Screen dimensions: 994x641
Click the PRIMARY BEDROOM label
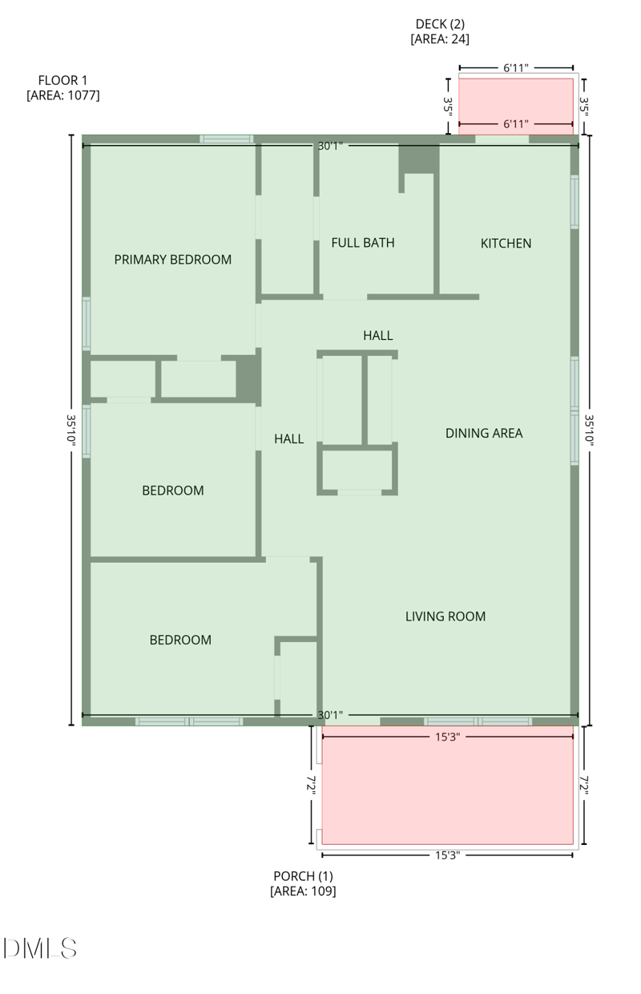[172, 260]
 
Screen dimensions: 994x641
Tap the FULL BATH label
[363, 243]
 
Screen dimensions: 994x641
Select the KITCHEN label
[506, 244]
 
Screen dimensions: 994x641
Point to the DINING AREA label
[484, 434]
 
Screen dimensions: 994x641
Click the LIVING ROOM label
[445, 616]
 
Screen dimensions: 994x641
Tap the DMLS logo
[40, 948]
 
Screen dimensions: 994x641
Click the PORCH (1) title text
[303, 875]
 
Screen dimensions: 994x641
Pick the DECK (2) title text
[440, 24]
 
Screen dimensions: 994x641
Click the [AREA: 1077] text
[63, 95]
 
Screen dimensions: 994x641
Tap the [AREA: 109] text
[303, 891]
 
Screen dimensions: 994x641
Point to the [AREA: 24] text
[440, 38]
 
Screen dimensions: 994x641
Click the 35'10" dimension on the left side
[71, 430]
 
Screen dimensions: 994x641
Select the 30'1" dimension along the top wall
[330, 146]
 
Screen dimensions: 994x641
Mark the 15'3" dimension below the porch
[447, 855]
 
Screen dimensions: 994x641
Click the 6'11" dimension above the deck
[516, 69]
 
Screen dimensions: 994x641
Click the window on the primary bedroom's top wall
[226, 139]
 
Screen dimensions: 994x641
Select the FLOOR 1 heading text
[63, 80]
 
